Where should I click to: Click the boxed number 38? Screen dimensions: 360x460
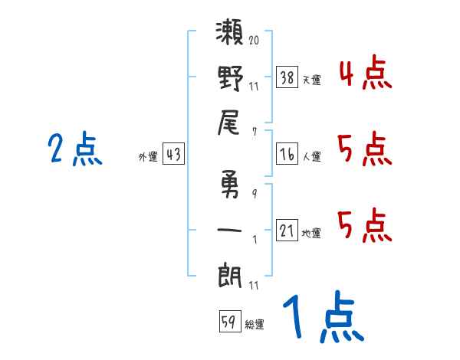click(287, 77)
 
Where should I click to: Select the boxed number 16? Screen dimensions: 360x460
click(287, 154)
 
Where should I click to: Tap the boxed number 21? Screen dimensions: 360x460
click(287, 231)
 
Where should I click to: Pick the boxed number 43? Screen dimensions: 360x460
click(173, 155)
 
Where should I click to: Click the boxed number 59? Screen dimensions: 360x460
click(229, 321)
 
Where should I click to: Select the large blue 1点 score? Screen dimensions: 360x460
click(322, 318)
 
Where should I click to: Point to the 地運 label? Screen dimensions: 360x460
click(311, 234)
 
